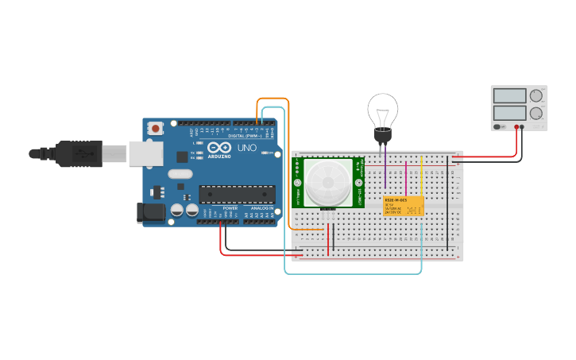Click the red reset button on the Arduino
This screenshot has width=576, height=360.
pos(157,128)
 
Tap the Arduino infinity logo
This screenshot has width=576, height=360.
pos(219,148)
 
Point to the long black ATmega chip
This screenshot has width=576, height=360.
pos(237,194)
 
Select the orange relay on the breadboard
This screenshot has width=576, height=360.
pos(403,206)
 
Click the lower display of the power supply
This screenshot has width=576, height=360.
pos(509,113)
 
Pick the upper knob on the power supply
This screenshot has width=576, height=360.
pos(536,96)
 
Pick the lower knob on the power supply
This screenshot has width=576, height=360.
pos(536,113)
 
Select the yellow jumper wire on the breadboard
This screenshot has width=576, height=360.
pos(422,179)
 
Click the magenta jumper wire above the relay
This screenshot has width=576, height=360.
pos(406,179)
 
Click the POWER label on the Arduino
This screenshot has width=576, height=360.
pos(230,208)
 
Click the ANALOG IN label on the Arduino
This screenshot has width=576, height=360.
pos(262,208)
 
